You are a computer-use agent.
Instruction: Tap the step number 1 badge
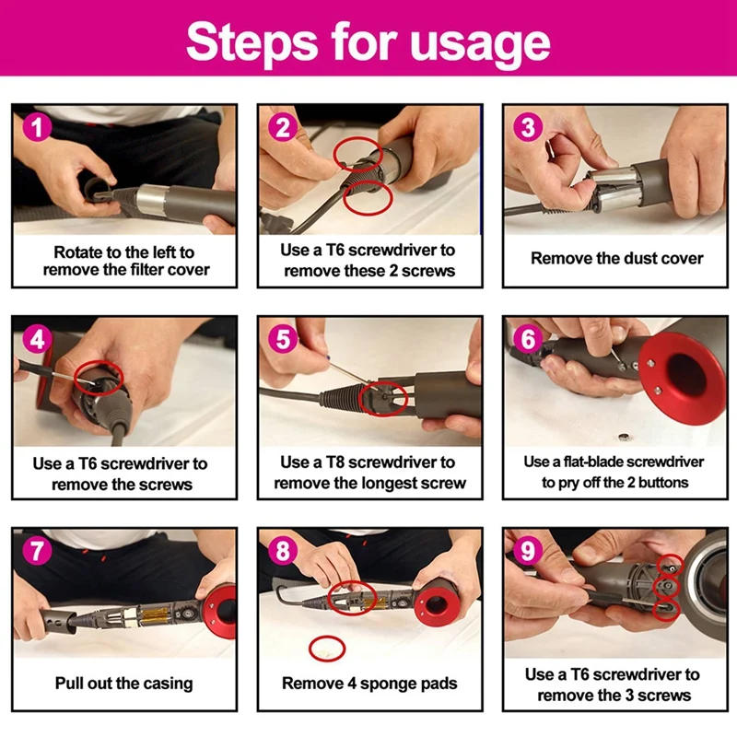pyautogui.click(x=36, y=127)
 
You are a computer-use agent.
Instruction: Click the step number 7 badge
pyautogui.click(x=36, y=550)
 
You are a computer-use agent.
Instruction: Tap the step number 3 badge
pyautogui.click(x=528, y=127)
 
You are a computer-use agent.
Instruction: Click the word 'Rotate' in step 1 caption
pyautogui.click(x=77, y=252)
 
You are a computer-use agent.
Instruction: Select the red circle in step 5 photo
pyautogui.click(x=384, y=397)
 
